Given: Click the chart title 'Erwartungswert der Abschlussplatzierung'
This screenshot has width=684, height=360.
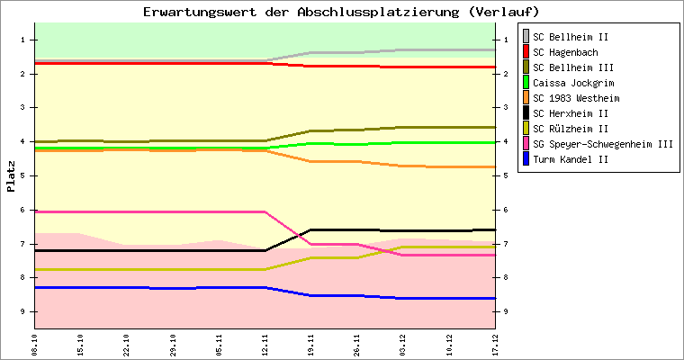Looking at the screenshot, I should pos(341,12).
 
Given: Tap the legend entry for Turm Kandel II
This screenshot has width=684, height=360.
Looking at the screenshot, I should pos(571,159).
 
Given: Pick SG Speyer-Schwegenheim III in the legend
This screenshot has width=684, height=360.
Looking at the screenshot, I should pos(602,144).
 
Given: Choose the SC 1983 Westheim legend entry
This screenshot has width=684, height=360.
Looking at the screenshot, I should pos(575,98).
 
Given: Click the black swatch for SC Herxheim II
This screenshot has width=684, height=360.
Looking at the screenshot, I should pos(526,113).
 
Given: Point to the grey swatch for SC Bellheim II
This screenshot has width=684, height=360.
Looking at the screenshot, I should pos(526,37).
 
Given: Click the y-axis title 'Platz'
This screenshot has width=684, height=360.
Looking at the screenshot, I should pos(12,176).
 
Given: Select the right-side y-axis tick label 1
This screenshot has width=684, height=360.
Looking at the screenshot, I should pos(506,40).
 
